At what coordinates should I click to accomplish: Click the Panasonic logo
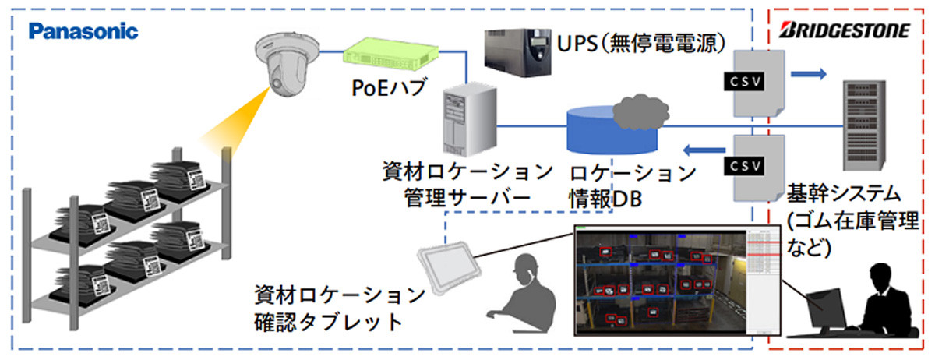point(83,31)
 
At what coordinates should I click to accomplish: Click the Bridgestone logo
point(843,31)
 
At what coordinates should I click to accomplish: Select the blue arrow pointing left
point(700,150)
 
